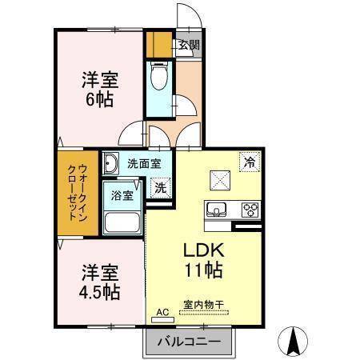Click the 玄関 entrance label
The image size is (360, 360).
pyautogui.click(x=188, y=46)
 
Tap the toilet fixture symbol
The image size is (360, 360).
pyautogui.click(x=158, y=78)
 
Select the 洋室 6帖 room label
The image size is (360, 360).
pyautogui.click(x=99, y=90)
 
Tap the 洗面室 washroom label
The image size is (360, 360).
pyautogui.click(x=144, y=163)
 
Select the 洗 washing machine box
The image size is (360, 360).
pyautogui.click(x=160, y=189)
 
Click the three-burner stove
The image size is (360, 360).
pyautogui.click(x=250, y=210)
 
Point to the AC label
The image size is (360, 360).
pyautogui.click(x=161, y=312)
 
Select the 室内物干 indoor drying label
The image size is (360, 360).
pyautogui.click(x=203, y=303)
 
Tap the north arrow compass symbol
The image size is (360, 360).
pyautogui.click(x=293, y=342)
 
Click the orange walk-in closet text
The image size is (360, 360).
pyautogui.click(x=78, y=194)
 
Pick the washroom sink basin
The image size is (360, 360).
pyautogui.click(x=111, y=163)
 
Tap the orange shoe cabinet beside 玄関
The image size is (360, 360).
pyautogui.click(x=162, y=45)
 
